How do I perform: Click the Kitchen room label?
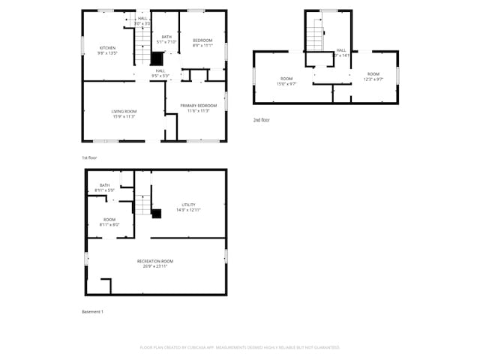pos(108,51)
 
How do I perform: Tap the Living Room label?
pos(124,114)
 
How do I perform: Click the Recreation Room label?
pos(155,262)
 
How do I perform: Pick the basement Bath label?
pos(104,187)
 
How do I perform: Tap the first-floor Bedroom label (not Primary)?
pos(202,42)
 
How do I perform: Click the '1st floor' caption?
pos(89,157)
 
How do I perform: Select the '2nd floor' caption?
pos(261,120)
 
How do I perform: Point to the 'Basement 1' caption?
pos(92,311)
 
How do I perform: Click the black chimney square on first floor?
pos(157,58)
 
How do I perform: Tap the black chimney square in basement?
pos(157,213)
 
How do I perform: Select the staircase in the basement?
pos(143,204)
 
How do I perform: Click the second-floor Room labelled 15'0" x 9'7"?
pos(286,80)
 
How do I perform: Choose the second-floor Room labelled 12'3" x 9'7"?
pos(373,76)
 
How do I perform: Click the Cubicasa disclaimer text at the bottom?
pos(240,347)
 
